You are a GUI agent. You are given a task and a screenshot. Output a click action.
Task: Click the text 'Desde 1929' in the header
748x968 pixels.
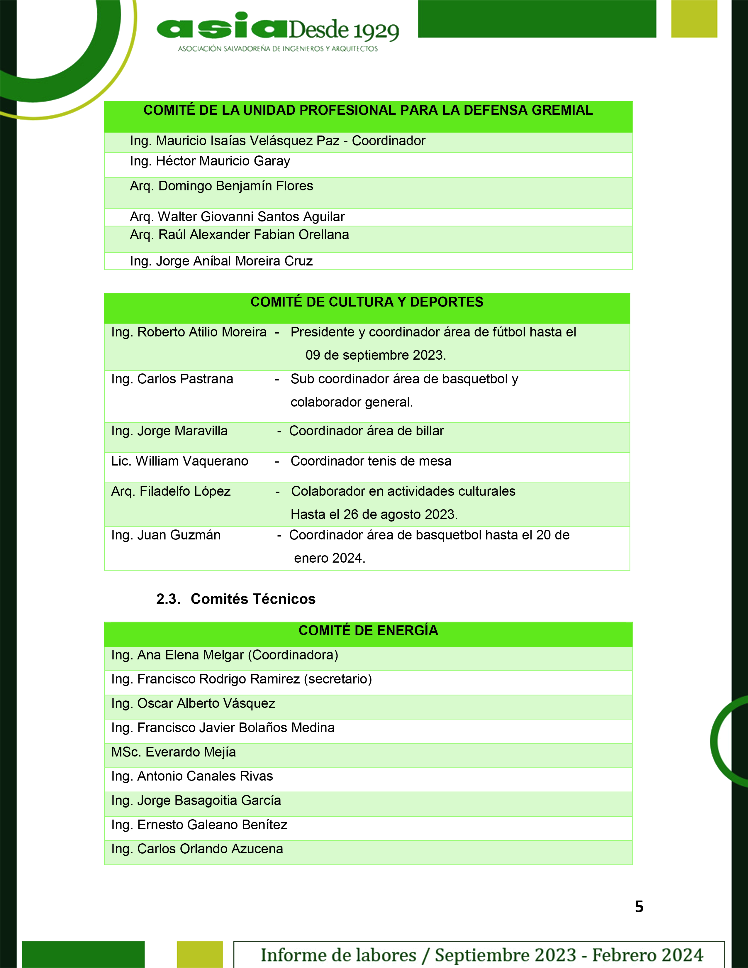(x=344, y=30)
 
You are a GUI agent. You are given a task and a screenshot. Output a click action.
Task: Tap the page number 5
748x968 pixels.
(x=639, y=906)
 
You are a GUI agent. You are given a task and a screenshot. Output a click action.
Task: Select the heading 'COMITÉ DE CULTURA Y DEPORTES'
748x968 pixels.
(x=367, y=302)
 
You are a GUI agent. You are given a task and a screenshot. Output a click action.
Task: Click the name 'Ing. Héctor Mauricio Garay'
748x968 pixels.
(x=210, y=161)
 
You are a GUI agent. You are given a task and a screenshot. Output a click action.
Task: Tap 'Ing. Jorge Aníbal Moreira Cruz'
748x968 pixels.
(x=221, y=261)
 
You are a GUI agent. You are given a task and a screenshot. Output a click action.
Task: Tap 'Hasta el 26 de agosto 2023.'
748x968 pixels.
(x=374, y=515)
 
